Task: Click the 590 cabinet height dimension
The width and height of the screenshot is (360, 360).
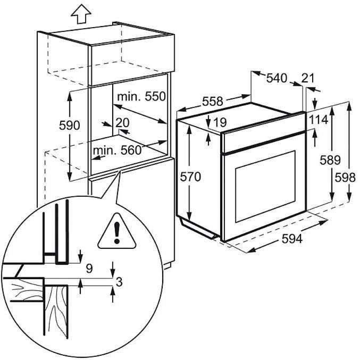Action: click(x=69, y=125)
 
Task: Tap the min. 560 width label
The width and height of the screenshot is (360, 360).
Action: click(x=118, y=150)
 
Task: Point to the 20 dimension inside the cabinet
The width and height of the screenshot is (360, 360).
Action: click(x=122, y=122)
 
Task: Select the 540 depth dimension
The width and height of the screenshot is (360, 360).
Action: click(x=277, y=78)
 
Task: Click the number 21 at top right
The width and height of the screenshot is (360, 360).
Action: click(x=307, y=78)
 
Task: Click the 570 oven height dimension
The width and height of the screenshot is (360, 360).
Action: click(x=191, y=177)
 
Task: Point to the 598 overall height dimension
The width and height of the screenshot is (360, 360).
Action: click(x=349, y=178)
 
